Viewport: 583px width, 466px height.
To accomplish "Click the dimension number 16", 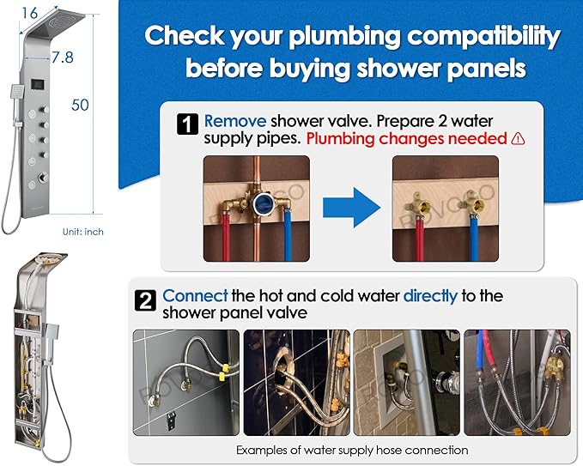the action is coord(30,13).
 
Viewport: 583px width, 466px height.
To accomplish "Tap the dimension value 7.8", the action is coord(63,57).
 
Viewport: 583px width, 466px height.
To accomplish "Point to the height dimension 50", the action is coord(80,105).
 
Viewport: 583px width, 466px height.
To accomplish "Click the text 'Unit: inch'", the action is coord(83,232).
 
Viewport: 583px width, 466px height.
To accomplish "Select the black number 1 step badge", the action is coord(187,124).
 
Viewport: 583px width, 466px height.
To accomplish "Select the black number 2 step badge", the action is coord(145,300).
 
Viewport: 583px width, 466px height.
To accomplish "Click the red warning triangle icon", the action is coord(518,139).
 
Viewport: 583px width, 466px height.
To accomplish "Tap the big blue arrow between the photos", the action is coord(351,208).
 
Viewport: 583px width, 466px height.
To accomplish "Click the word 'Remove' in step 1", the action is coord(235,121).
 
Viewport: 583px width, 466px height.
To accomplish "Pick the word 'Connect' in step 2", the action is coord(195,296).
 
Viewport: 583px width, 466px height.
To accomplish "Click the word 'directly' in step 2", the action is coord(430,296).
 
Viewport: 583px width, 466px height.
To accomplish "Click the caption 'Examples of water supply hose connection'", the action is coord(352,450).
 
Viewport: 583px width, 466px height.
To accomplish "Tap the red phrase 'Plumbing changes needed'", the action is coord(406,139).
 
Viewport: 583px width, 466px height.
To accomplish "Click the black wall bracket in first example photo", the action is coord(171,419).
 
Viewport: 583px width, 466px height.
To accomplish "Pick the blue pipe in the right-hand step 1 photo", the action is coord(474,238).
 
